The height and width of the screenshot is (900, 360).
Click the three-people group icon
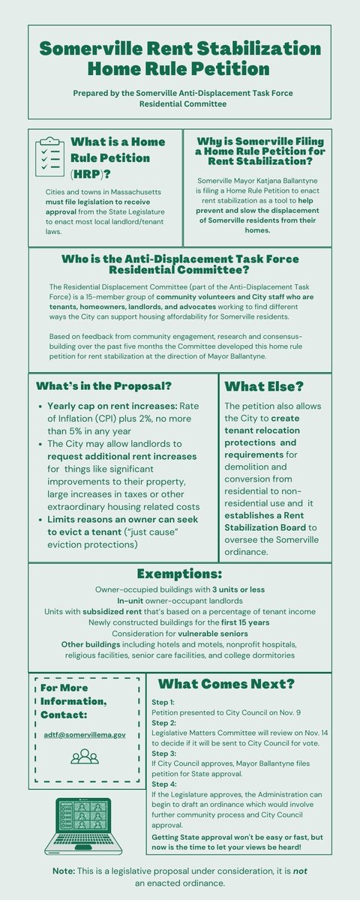84,756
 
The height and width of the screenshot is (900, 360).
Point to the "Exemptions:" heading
179,574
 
